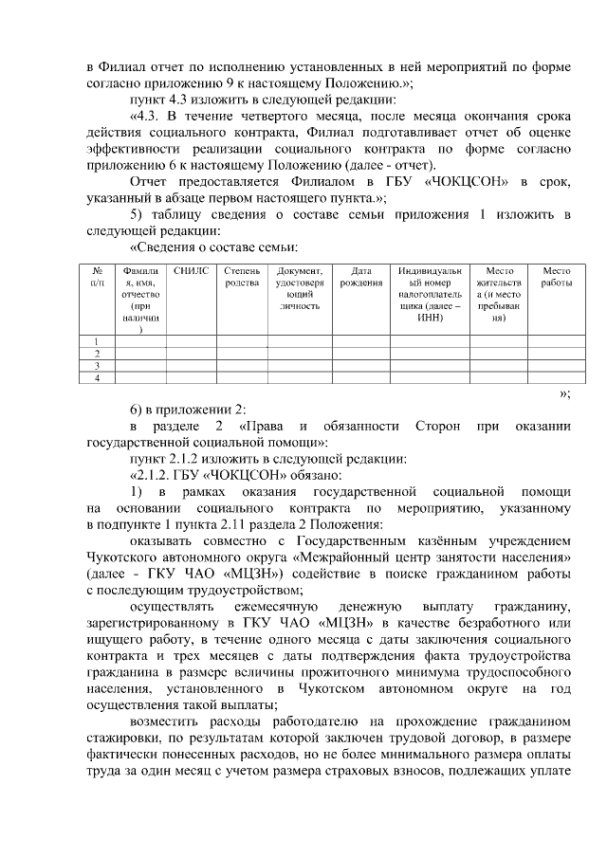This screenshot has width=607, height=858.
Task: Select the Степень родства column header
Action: (242, 276)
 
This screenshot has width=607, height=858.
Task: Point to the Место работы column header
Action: (556, 276)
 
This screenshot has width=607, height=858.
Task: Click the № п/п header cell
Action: (96, 276)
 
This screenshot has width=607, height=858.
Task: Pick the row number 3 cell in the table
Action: (96, 365)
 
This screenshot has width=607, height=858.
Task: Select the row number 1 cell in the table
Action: (96, 340)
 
